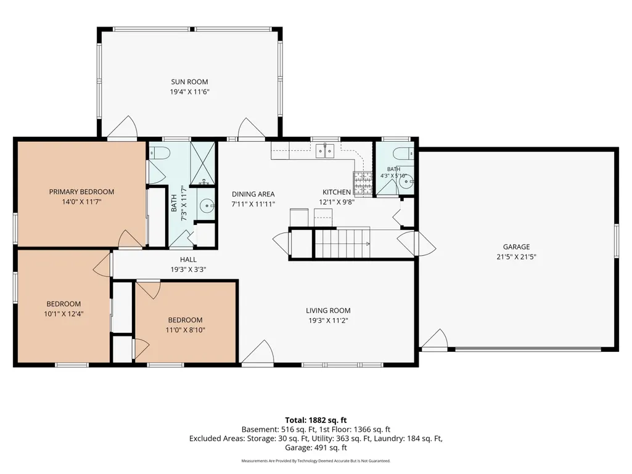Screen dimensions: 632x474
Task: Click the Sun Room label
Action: pyautogui.click(x=189, y=82)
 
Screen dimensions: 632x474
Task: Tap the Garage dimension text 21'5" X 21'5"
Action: pyautogui.click(x=516, y=257)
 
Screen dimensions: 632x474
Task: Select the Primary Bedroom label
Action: pyautogui.click(x=81, y=192)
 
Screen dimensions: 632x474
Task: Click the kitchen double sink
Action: pyautogui.click(x=325, y=151)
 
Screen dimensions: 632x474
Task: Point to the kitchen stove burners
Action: pyautogui.click(x=363, y=184)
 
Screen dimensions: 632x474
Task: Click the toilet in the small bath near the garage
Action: pyautogui.click(x=403, y=153)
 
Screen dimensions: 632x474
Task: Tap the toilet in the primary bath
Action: pyautogui.click(x=160, y=153)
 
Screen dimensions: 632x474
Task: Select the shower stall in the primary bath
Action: pyautogui.click(x=202, y=163)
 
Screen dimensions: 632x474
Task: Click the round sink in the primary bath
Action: pyautogui.click(x=207, y=206)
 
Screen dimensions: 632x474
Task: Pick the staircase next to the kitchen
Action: pyautogui.click(x=342, y=242)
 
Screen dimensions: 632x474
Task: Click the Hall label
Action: pyautogui.click(x=188, y=259)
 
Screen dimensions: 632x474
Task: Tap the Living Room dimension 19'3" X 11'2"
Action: pyautogui.click(x=328, y=321)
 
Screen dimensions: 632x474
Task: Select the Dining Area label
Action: pyautogui.click(x=253, y=194)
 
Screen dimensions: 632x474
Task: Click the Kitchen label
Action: pyautogui.click(x=337, y=192)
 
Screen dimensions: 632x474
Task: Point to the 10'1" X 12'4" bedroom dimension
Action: pyautogui.click(x=64, y=314)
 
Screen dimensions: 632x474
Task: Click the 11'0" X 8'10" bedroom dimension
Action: pyautogui.click(x=186, y=330)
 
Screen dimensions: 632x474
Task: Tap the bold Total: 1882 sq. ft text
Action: pyautogui.click(x=316, y=420)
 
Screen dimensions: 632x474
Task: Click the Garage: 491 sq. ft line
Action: pyautogui.click(x=316, y=447)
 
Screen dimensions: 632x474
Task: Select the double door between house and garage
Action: pyautogui.click(x=417, y=243)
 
